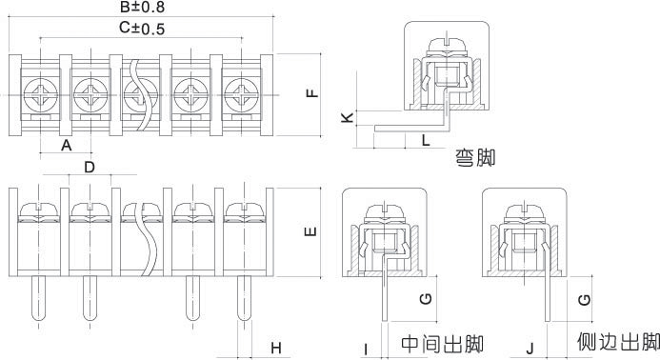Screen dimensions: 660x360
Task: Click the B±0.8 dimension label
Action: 142,7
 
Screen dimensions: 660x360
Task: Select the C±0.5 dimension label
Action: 141,29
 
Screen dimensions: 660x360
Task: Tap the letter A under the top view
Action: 67,146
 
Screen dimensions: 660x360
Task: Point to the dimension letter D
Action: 90,168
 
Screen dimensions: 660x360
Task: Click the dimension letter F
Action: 312,92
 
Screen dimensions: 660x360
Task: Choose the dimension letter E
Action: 310,231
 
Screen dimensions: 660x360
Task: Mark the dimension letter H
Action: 275,349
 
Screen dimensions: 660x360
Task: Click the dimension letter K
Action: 348,117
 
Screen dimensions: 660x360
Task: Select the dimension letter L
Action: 426,140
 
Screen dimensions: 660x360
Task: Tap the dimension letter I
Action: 366,350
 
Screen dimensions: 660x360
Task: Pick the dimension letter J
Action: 530,349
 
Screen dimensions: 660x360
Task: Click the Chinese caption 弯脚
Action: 475,158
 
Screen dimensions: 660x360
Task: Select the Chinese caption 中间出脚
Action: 443,344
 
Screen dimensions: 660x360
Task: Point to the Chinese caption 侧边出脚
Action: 618,342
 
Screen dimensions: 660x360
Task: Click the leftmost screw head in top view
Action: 40,94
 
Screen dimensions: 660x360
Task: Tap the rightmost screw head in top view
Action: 241,94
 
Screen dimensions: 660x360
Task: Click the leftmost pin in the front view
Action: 39,298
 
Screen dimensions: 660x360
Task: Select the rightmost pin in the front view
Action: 245,298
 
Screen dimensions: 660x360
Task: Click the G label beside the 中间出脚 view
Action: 426,299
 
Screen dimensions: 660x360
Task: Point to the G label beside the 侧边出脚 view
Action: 584,300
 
